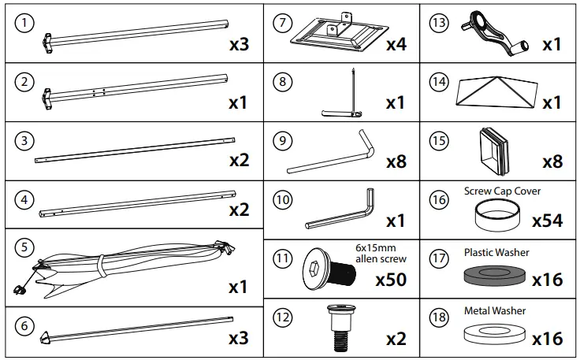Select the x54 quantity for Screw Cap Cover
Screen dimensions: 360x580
tap(546, 221)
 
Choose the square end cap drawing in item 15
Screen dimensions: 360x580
tap(495, 150)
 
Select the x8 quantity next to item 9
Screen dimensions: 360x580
tap(396, 162)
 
